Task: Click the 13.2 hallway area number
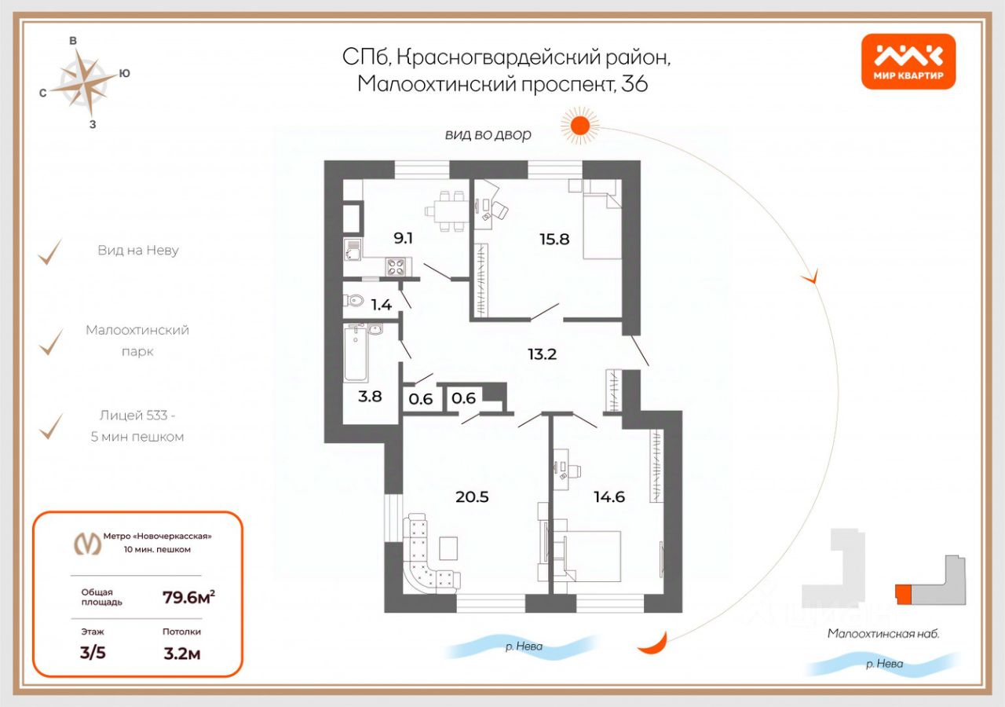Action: pos(542,353)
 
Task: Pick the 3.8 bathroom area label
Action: pos(370,397)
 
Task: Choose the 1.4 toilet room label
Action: pos(382,305)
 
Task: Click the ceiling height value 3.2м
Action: pos(181,653)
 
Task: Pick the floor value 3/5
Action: pos(93,653)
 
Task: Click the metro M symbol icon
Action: pos(87,543)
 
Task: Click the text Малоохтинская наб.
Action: pos(883,633)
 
